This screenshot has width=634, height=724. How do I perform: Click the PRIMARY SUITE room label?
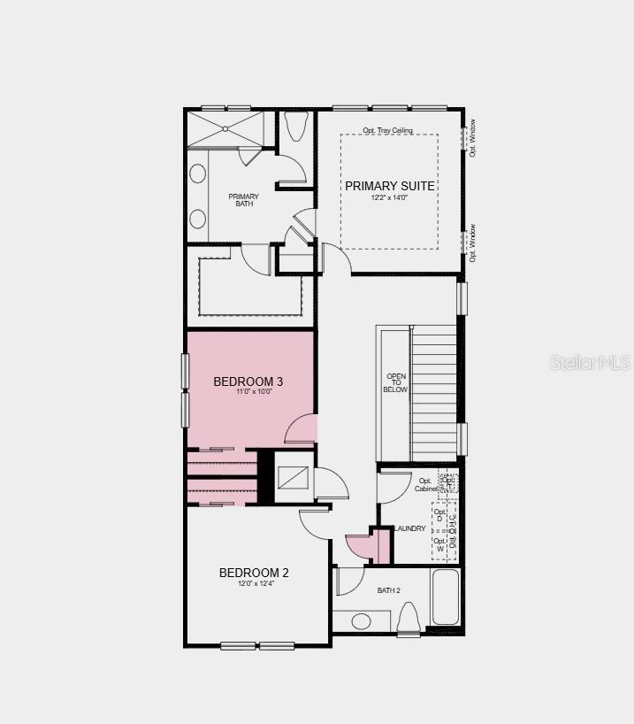[389, 186]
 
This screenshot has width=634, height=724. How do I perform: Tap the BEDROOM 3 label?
[248, 381]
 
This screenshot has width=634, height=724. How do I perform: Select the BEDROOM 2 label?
[254, 573]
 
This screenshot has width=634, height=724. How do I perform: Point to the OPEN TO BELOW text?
[395, 381]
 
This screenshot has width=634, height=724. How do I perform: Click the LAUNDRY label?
[409, 528]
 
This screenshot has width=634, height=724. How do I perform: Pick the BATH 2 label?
[389, 590]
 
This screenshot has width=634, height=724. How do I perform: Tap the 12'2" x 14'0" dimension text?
[389, 198]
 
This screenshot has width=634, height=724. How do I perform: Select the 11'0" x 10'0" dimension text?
[248, 392]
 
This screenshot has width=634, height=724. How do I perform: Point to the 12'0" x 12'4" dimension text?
[254, 584]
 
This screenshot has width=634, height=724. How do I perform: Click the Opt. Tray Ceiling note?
[387, 131]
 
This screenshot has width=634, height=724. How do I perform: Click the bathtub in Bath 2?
[446, 597]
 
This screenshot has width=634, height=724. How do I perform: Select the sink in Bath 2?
[362, 620]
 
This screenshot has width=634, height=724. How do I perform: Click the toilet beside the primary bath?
[295, 127]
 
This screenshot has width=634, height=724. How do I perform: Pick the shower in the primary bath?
[225, 128]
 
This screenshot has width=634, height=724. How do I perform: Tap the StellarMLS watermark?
[590, 363]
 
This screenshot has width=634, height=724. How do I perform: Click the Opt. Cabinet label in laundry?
[425, 485]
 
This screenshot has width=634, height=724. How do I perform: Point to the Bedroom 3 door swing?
[302, 429]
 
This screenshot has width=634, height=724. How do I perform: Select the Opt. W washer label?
[439, 544]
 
